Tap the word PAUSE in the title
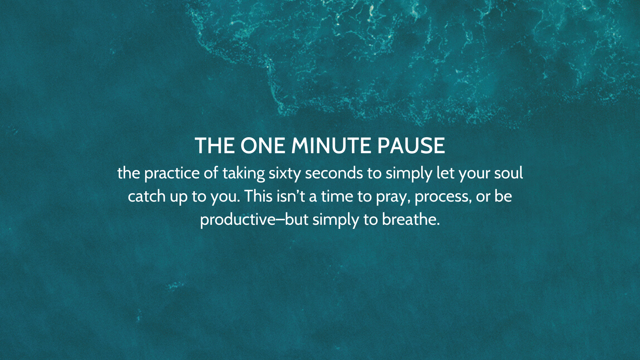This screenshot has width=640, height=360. pyautogui.click(x=411, y=146)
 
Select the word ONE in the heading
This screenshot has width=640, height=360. pyautogui.click(x=262, y=146)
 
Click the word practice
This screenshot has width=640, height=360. pyautogui.click(x=172, y=174)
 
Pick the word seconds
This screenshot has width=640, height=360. pyautogui.click(x=334, y=173)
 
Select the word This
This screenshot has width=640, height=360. pyautogui.click(x=258, y=196)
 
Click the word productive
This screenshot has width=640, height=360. pyautogui.click(x=238, y=220)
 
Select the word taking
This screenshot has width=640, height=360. pyautogui.click(x=244, y=174)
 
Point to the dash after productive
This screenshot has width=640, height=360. pyautogui.click(x=280, y=220)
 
